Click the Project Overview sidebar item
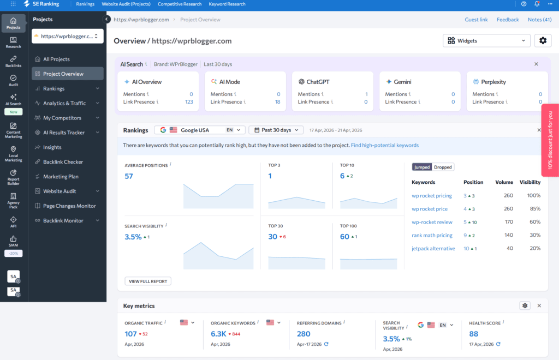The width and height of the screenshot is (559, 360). [x=63, y=74]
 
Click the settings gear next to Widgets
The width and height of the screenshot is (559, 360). [x=542, y=40]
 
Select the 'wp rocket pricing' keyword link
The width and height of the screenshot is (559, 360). [x=432, y=195]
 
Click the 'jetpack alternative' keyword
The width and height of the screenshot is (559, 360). [x=433, y=248]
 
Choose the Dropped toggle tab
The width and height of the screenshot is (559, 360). [x=443, y=167]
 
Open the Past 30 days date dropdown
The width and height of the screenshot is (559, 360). [x=277, y=130]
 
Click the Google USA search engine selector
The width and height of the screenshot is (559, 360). [x=200, y=130]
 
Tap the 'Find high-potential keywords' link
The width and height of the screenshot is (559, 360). [x=384, y=145]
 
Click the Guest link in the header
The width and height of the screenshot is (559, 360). [x=476, y=20]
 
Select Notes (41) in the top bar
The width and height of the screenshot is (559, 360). [x=539, y=20]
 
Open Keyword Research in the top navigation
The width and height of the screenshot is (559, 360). [x=227, y=4]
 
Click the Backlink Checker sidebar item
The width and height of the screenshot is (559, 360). [x=63, y=162]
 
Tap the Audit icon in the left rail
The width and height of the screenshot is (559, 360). [x=13, y=81]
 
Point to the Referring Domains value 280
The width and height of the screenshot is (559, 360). [x=304, y=334]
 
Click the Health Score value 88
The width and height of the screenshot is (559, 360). [x=473, y=334]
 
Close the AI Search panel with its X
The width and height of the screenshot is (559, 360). [x=536, y=64]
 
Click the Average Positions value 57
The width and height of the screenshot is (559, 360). [x=129, y=176]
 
